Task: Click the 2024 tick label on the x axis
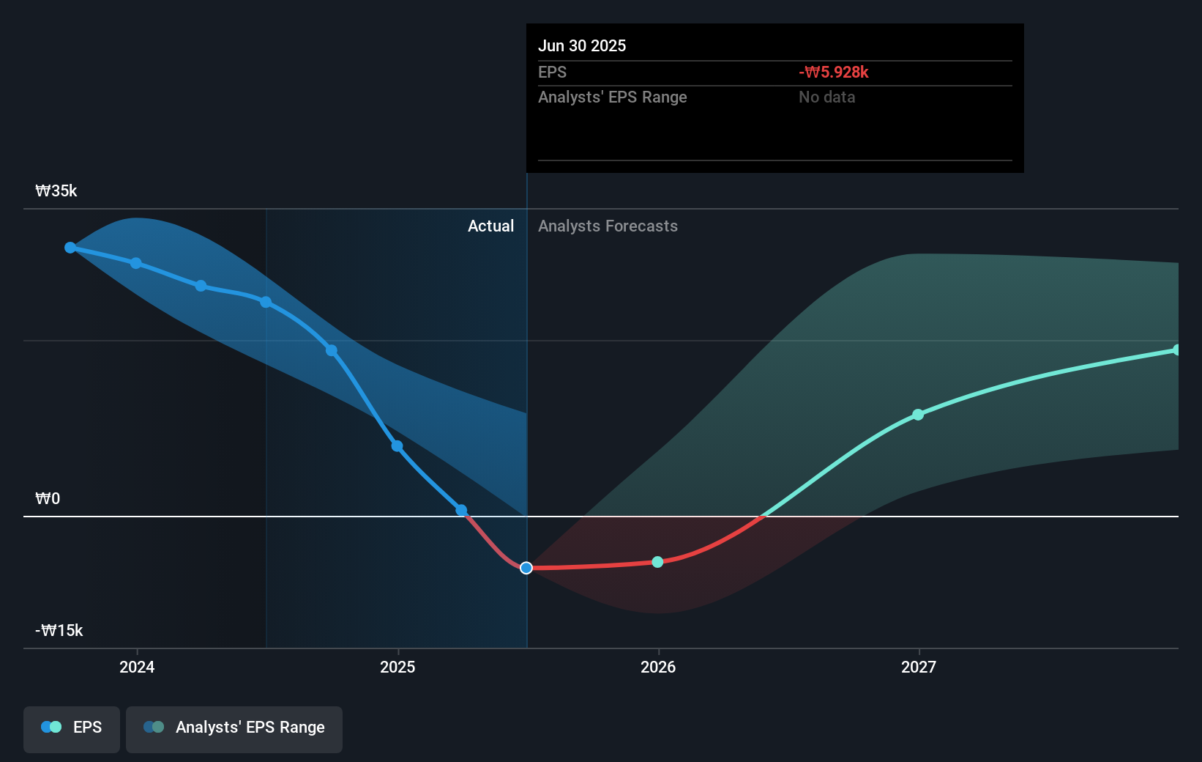click(x=137, y=667)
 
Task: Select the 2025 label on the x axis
click(x=397, y=667)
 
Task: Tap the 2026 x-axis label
click(x=658, y=667)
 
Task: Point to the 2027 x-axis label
click(x=919, y=667)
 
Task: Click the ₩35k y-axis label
click(x=56, y=191)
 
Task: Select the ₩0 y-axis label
click(x=48, y=499)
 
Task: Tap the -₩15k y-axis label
click(x=59, y=631)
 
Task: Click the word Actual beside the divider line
click(x=490, y=226)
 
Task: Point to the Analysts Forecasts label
click(x=608, y=226)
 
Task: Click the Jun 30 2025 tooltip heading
click(x=582, y=46)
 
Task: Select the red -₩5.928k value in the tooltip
click(x=834, y=73)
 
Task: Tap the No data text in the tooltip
click(x=826, y=97)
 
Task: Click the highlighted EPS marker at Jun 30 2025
click(x=526, y=568)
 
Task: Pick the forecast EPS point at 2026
click(x=657, y=562)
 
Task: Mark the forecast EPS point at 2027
click(x=918, y=415)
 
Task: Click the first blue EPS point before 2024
click(x=70, y=248)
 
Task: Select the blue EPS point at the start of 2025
click(x=397, y=446)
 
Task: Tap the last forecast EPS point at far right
click(x=1176, y=350)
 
